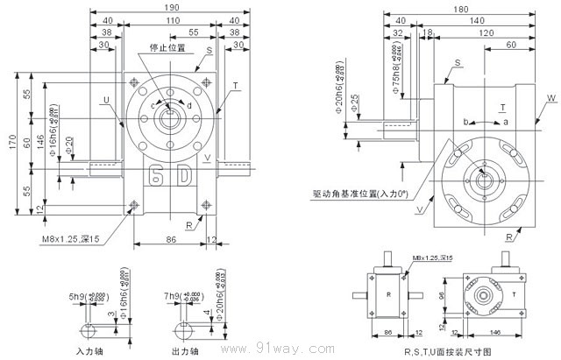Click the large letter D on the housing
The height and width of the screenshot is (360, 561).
point(185,174)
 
